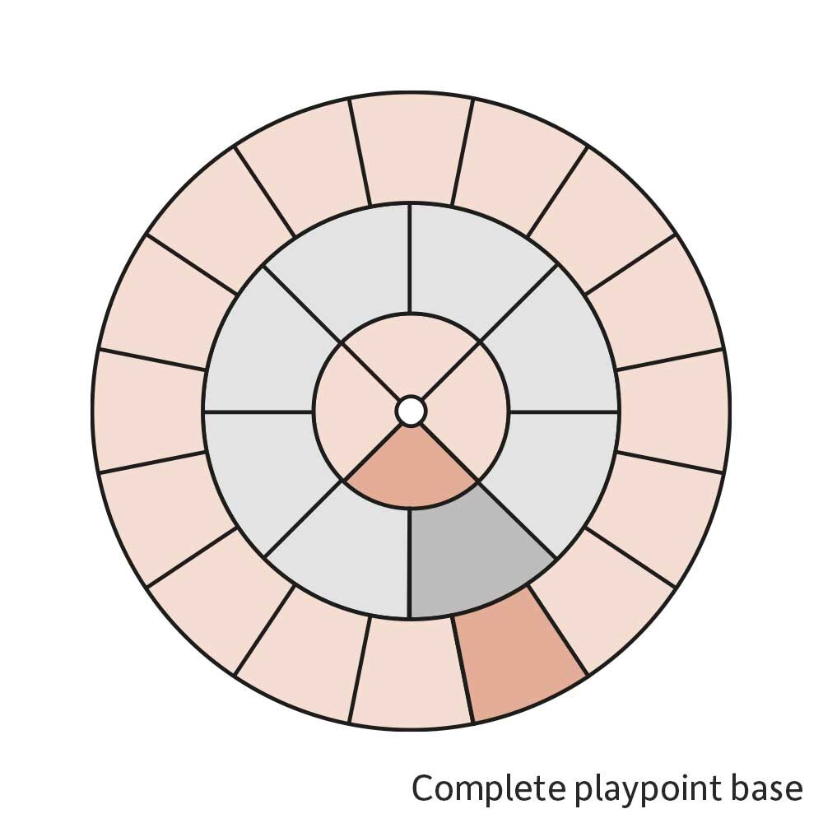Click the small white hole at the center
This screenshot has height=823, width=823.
tap(411, 411)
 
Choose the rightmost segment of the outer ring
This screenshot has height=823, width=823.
tap(673, 411)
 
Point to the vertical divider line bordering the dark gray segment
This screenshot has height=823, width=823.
tap(411, 563)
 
